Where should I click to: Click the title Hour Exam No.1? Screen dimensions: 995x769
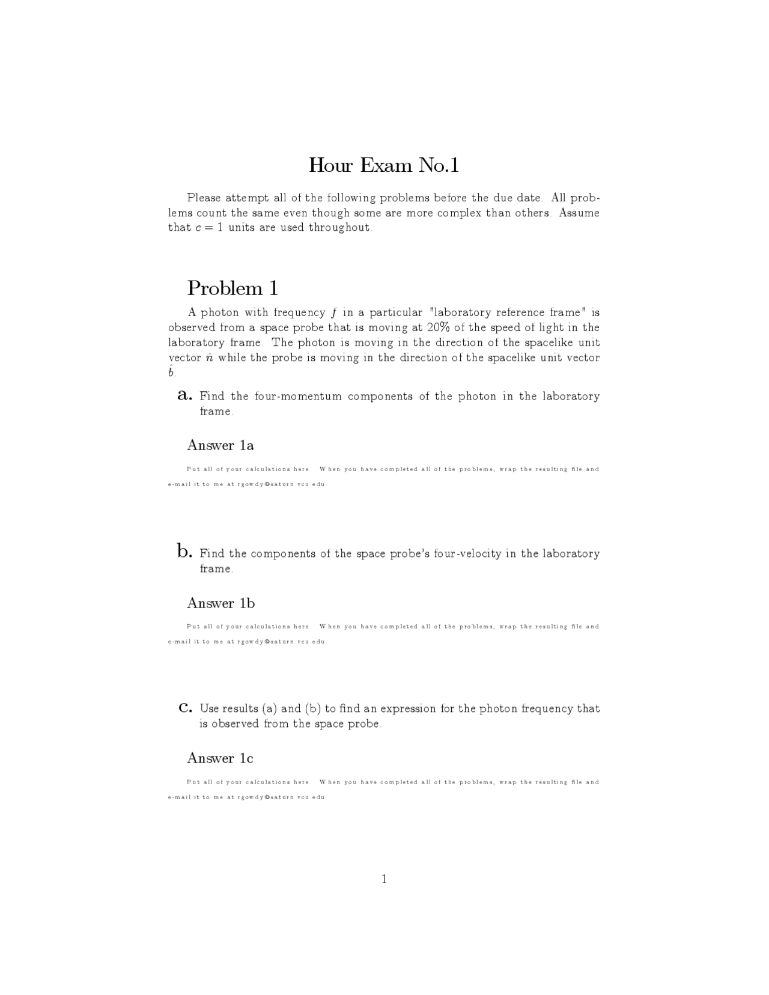[x=384, y=165]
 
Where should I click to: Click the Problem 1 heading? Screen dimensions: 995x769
[x=233, y=288]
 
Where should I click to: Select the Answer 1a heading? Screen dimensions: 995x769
[x=220, y=445]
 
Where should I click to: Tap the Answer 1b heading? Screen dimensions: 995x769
[x=220, y=603]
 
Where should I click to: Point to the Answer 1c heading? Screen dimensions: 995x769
[x=220, y=758]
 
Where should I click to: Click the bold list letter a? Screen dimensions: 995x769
[x=185, y=395]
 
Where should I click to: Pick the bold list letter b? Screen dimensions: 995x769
[x=184, y=551]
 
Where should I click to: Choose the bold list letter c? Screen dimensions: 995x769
[x=185, y=708]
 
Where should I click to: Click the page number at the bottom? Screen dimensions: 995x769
[x=384, y=879]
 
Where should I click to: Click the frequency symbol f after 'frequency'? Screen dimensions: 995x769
[x=333, y=312]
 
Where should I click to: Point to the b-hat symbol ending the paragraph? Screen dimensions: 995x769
[x=171, y=372]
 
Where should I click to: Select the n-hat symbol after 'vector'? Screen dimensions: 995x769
[x=209, y=358]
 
